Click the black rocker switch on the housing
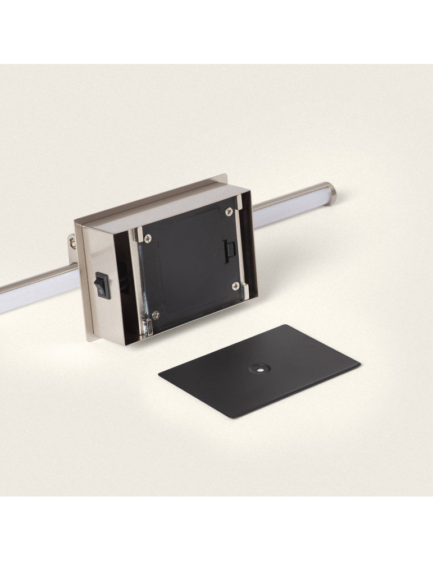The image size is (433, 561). (101, 284)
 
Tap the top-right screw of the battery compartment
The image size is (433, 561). (229, 211)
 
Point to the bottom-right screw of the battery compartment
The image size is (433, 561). (236, 286)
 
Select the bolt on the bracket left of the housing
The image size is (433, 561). (73, 243)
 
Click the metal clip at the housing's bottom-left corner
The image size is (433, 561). (147, 326)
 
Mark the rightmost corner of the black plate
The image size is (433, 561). (359, 367)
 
